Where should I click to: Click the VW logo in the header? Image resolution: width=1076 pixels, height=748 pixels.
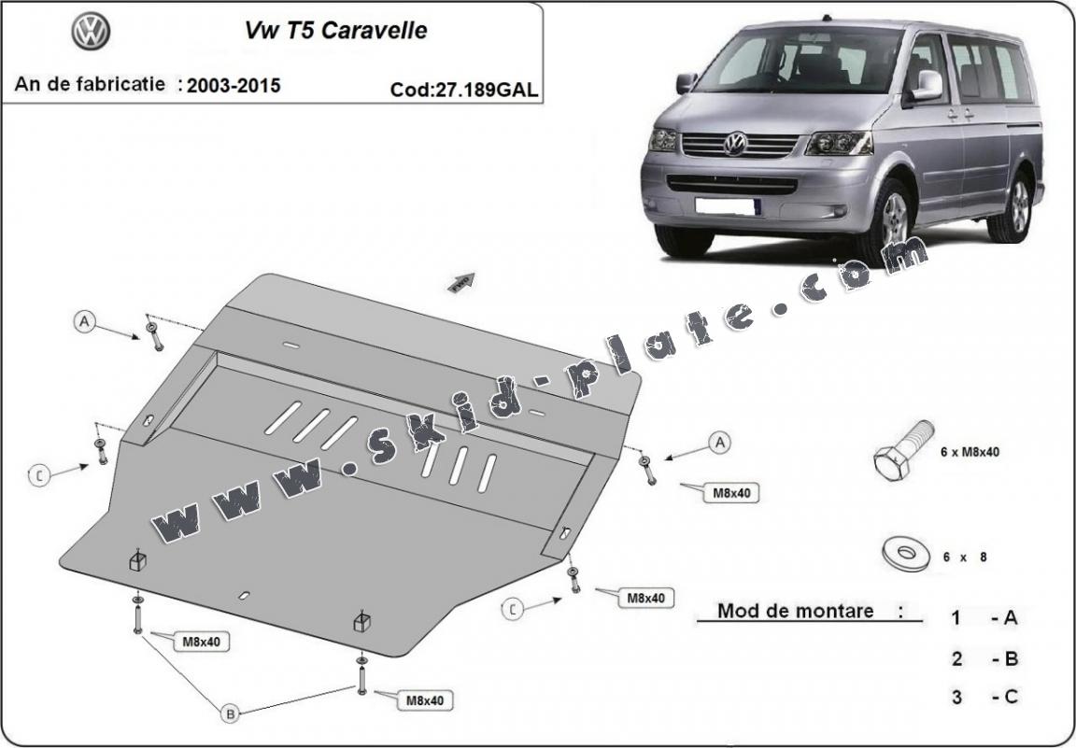click(91, 32)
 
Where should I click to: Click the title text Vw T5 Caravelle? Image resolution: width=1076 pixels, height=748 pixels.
click(335, 31)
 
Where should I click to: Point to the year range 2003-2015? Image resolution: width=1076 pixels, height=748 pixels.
click(234, 85)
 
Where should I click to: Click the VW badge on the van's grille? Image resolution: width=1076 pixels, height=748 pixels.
click(736, 144)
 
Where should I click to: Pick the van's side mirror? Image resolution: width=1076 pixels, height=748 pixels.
click(926, 85)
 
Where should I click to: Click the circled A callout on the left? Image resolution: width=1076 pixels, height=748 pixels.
click(85, 322)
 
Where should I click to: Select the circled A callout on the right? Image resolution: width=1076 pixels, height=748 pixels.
click(719, 443)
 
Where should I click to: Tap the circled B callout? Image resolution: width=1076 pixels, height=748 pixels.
click(230, 713)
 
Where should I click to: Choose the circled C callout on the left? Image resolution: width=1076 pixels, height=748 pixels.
click(39, 476)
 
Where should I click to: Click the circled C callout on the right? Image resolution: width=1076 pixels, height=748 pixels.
click(512, 610)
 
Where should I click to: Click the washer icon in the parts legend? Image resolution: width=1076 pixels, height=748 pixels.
click(905, 554)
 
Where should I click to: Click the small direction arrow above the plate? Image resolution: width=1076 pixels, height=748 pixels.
click(462, 280)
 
